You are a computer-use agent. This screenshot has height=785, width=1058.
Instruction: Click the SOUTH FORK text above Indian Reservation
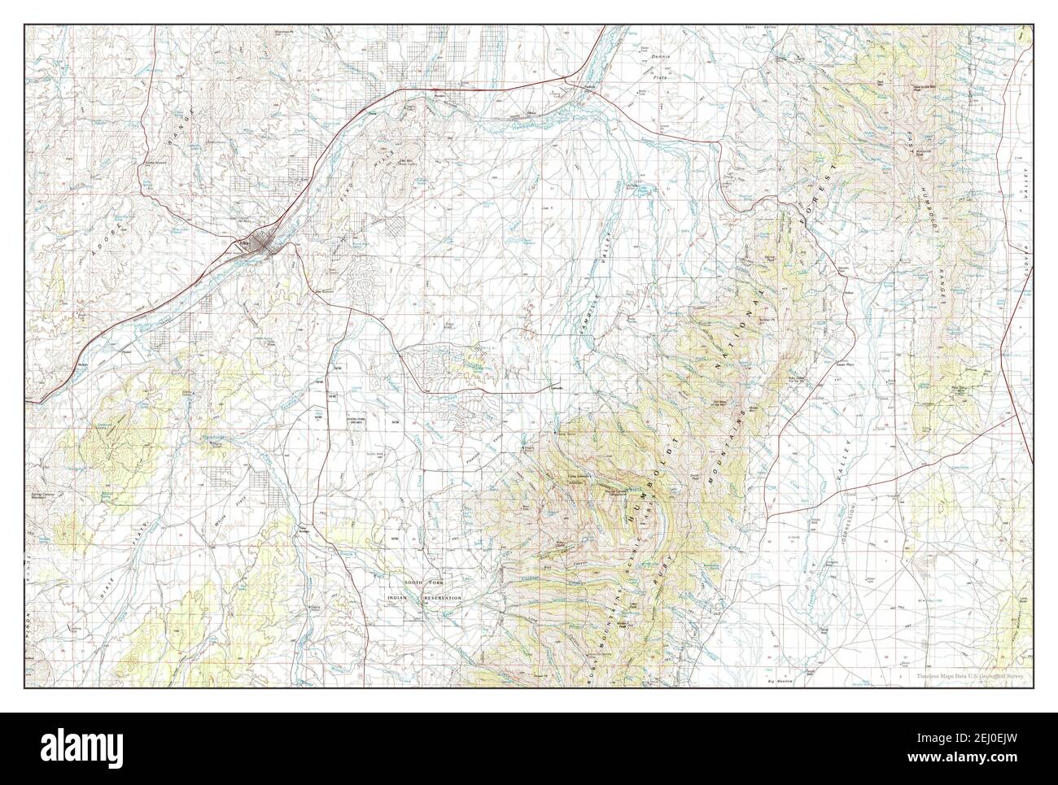point(424,586)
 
